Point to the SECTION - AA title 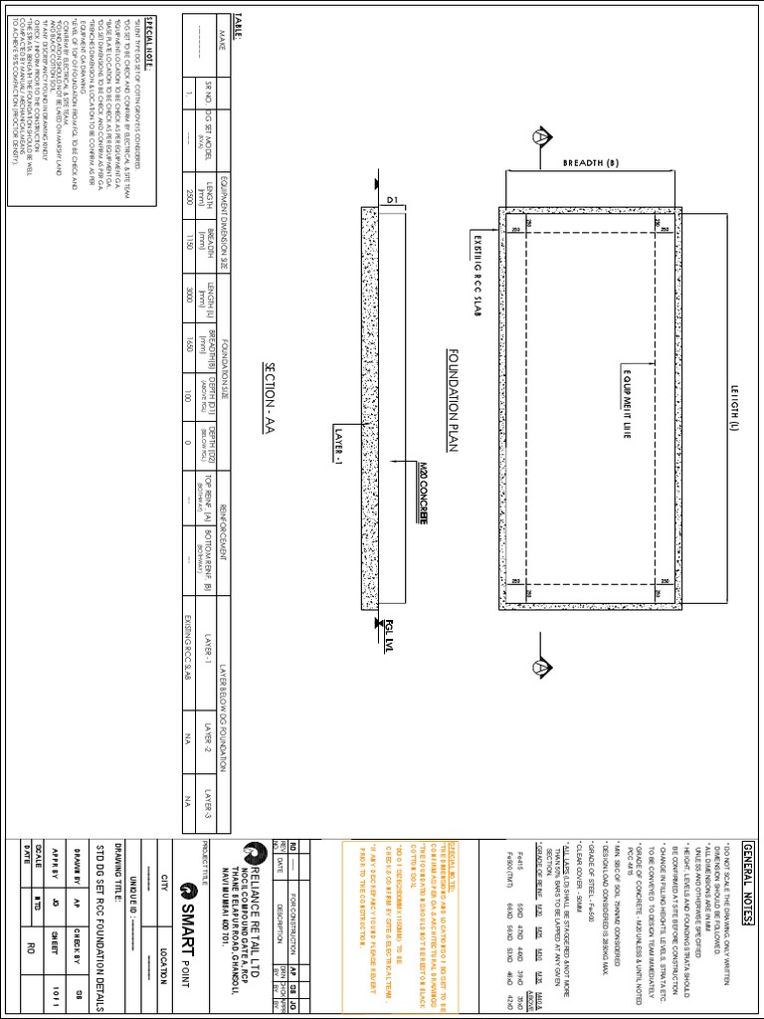(269, 392)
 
